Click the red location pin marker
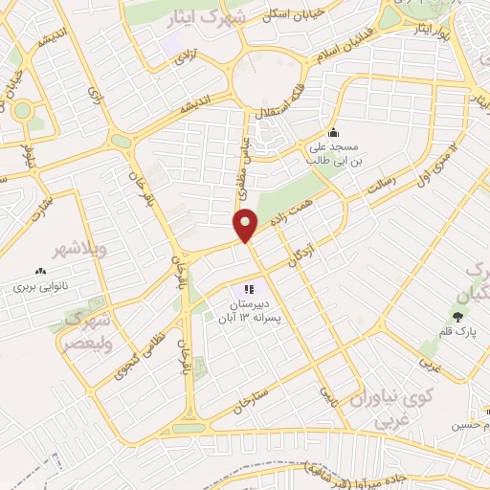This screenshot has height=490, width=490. (246, 225)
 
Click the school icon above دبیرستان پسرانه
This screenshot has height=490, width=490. (249, 288)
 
